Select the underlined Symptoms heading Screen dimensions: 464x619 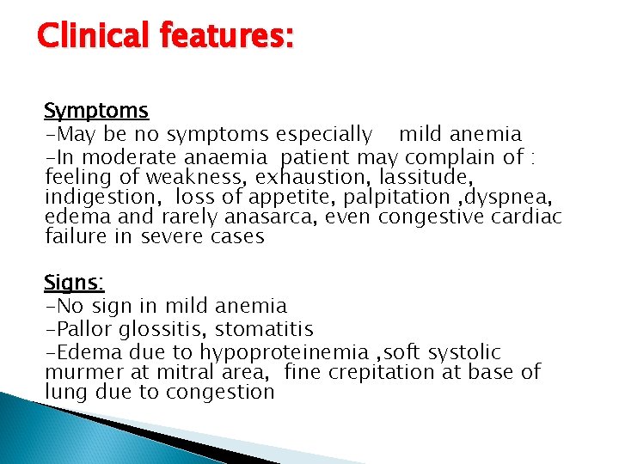pyautogui.click(x=96, y=111)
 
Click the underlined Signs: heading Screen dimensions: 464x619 pyautogui.click(x=74, y=283)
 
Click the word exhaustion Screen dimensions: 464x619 pyautogui.click(x=308, y=176)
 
